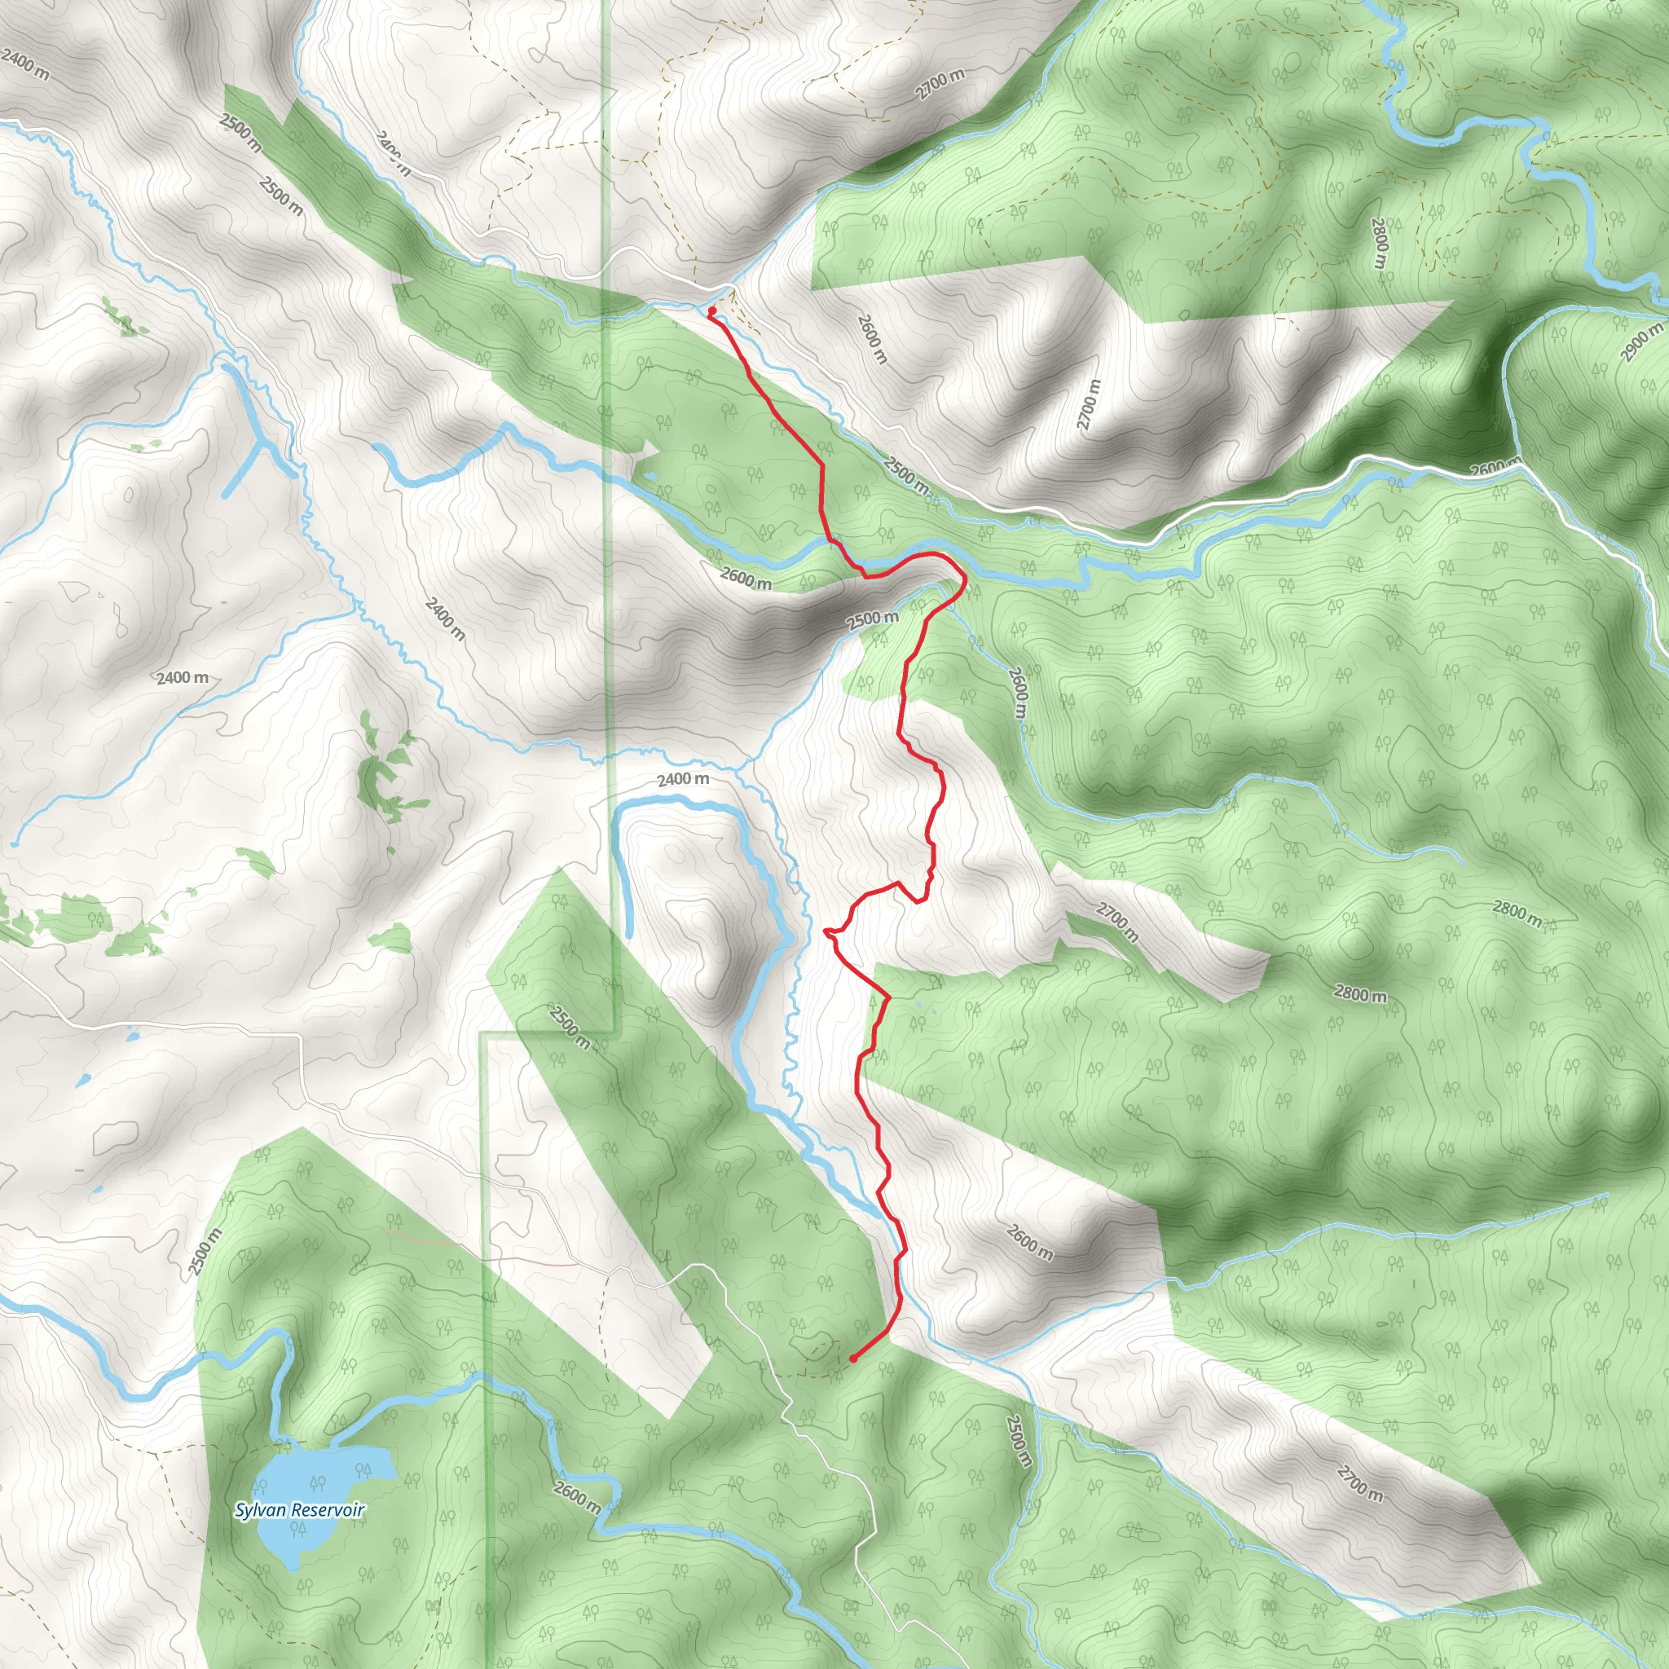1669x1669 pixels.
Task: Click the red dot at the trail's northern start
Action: click(x=711, y=311)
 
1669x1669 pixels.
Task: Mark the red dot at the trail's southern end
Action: click(x=852, y=1359)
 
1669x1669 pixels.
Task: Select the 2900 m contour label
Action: click(x=1641, y=341)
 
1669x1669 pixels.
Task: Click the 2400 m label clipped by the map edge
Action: click(x=26, y=63)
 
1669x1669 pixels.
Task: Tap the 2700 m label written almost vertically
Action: click(x=1090, y=404)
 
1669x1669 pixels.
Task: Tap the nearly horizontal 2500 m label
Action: click(x=873, y=619)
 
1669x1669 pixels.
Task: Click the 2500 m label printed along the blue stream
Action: click(x=906, y=476)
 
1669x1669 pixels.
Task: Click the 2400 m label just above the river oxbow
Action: click(x=683, y=779)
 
